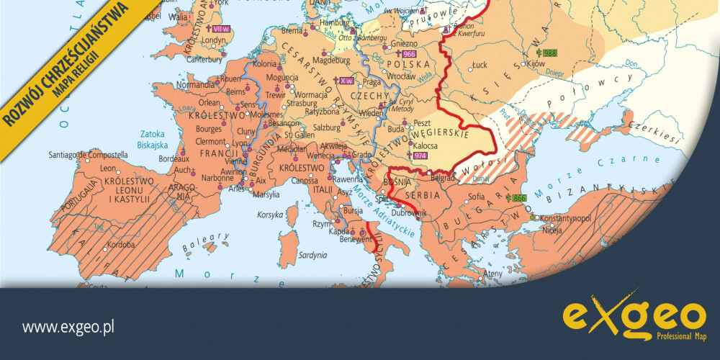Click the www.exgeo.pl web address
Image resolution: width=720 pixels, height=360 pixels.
tap(69, 328)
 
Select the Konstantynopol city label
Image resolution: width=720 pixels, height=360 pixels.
tap(565, 217)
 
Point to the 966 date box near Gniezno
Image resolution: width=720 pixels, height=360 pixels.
tap(410, 54)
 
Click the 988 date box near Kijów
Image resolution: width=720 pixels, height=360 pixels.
tap(549, 53)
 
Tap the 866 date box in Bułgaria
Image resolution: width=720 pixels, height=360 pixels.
tap(517, 197)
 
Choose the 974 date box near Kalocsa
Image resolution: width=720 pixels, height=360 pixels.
tap(419, 156)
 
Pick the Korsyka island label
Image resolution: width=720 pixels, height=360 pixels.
tap(271, 215)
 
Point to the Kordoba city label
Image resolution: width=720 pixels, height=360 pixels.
tap(117, 243)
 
